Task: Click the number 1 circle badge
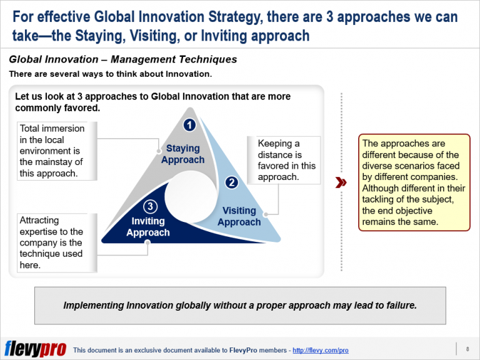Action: pos(190,125)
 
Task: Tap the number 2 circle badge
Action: pos(231,182)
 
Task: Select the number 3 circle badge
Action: pos(151,206)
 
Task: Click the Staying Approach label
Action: pos(182,154)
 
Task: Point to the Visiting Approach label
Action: pos(239,216)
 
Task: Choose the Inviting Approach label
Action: pos(148,227)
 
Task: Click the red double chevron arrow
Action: pos(341,182)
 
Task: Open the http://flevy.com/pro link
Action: pos(321,350)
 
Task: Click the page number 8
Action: pos(467,348)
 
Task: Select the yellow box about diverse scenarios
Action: pos(414,182)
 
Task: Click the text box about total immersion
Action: pos(57,151)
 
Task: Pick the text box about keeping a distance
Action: pos(284,161)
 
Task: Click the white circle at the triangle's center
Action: pos(190,191)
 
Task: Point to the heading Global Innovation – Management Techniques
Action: pos(123,60)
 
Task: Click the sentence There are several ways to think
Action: pos(110,74)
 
